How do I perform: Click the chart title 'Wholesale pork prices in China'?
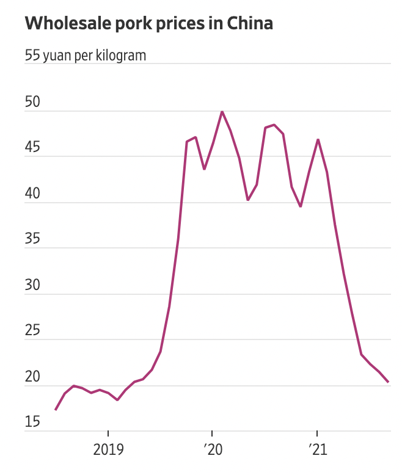(x=148, y=24)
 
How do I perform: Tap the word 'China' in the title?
(x=250, y=24)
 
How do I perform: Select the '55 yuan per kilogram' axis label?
(x=86, y=56)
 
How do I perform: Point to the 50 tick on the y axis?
(x=32, y=102)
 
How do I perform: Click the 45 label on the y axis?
(x=32, y=148)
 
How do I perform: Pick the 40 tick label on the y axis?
(x=32, y=194)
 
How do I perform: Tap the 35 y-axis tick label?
(x=32, y=239)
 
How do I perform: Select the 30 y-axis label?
(x=32, y=285)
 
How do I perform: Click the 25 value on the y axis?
(x=32, y=331)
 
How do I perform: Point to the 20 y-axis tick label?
(x=32, y=377)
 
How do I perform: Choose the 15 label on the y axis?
(x=32, y=422)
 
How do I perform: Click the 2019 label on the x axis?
(x=108, y=451)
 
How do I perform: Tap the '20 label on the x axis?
(x=213, y=451)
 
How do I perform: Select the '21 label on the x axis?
(x=317, y=451)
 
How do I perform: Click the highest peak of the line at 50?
(x=222, y=111)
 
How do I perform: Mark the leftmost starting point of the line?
(x=56, y=410)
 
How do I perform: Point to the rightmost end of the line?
(x=389, y=382)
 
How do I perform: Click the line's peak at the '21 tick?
(x=318, y=139)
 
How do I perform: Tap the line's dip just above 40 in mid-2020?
(x=248, y=200)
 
